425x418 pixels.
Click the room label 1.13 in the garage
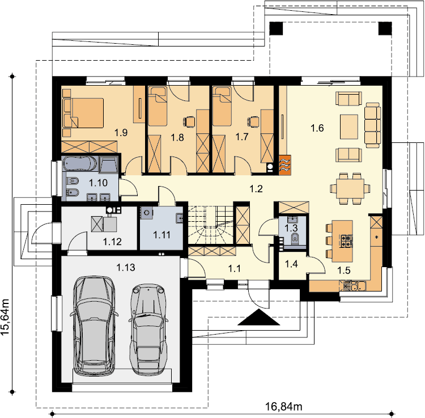point(126,268)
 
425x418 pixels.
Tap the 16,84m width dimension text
point(283,406)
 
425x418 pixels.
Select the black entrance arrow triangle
point(258,317)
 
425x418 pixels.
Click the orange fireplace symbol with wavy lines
point(284,164)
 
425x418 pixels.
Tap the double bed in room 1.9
point(83,113)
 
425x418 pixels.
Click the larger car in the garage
point(94,326)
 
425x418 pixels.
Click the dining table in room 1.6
point(350,188)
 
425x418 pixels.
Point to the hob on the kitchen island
point(347,241)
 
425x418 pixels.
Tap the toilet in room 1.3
point(295,238)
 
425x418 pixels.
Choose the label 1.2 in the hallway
point(256,189)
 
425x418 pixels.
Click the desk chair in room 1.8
point(189,121)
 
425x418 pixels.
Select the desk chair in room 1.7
point(253,121)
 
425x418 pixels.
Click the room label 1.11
point(162,235)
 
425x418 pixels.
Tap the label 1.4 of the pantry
point(291,264)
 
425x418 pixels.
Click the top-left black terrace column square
point(276,28)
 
